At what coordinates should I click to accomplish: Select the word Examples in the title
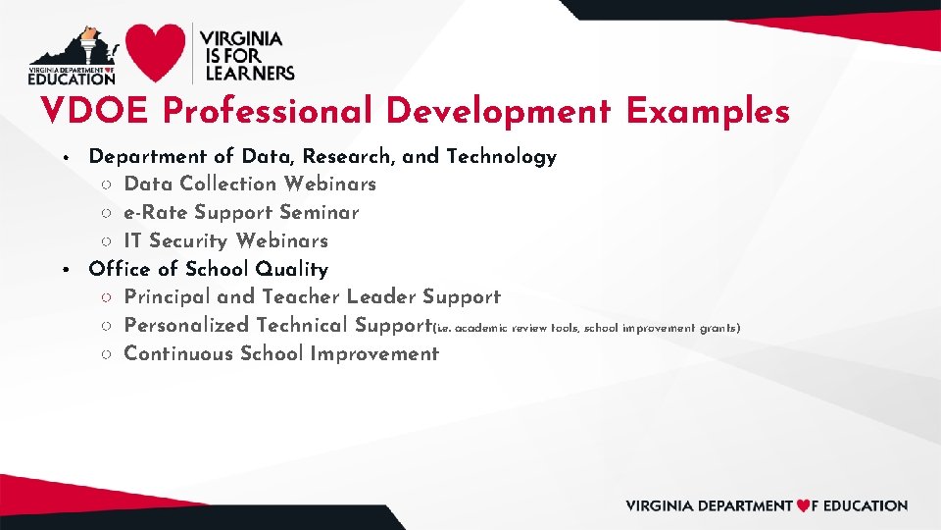708,112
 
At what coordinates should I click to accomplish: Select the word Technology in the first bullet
502,157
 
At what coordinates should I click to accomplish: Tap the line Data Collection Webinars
250,185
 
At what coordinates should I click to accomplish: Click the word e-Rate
156,213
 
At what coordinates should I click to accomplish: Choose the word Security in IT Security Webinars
190,241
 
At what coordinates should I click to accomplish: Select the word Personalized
187,326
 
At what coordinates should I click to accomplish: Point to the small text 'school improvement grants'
661,328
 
